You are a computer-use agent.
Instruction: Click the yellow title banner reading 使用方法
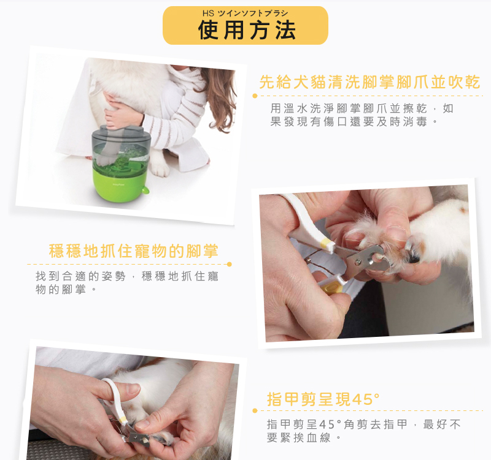pyautogui.click(x=245, y=25)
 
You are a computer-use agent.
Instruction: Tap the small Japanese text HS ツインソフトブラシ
pyautogui.click(x=245, y=13)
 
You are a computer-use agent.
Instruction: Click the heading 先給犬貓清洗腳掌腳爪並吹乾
pyautogui.click(x=369, y=82)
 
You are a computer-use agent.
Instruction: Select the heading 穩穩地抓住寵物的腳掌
pyautogui.click(x=133, y=251)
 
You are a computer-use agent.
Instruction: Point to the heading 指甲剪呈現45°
pyautogui.click(x=323, y=399)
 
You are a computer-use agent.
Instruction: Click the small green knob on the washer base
pyautogui.click(x=145, y=190)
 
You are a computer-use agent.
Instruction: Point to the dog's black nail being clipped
pyautogui.click(x=414, y=258)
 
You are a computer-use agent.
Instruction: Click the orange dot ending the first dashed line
pyautogui.click(x=255, y=96)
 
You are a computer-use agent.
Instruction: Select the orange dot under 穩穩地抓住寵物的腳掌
pyautogui.click(x=229, y=265)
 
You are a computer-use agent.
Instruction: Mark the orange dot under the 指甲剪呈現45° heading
pyautogui.click(x=255, y=410)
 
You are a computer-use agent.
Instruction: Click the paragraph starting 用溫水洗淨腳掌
pyautogui.click(x=361, y=115)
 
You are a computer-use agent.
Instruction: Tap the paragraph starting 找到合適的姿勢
pyautogui.click(x=127, y=283)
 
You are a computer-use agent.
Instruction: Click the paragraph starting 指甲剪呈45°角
pyautogui.click(x=363, y=431)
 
